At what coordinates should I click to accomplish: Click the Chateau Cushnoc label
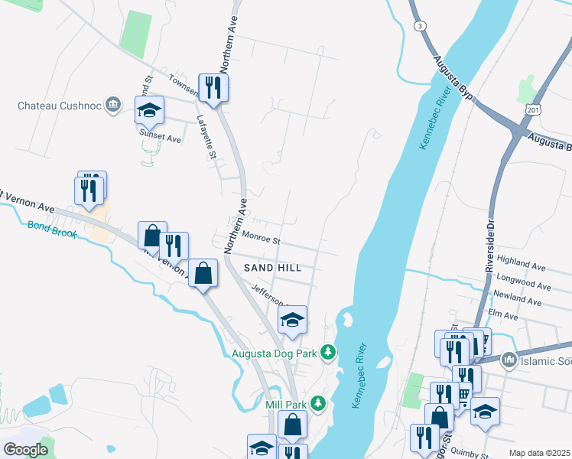tap(60, 105)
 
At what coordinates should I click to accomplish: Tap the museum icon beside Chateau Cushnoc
tap(113, 104)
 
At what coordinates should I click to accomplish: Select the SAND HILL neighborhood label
tap(272, 268)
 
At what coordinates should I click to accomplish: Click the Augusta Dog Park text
tap(275, 353)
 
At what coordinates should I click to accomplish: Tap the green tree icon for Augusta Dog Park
tap(328, 352)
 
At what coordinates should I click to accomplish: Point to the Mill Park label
tap(285, 404)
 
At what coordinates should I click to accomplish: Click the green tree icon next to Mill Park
tap(317, 403)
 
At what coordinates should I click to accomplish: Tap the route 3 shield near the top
tap(420, 26)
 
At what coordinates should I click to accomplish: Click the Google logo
tap(25, 450)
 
